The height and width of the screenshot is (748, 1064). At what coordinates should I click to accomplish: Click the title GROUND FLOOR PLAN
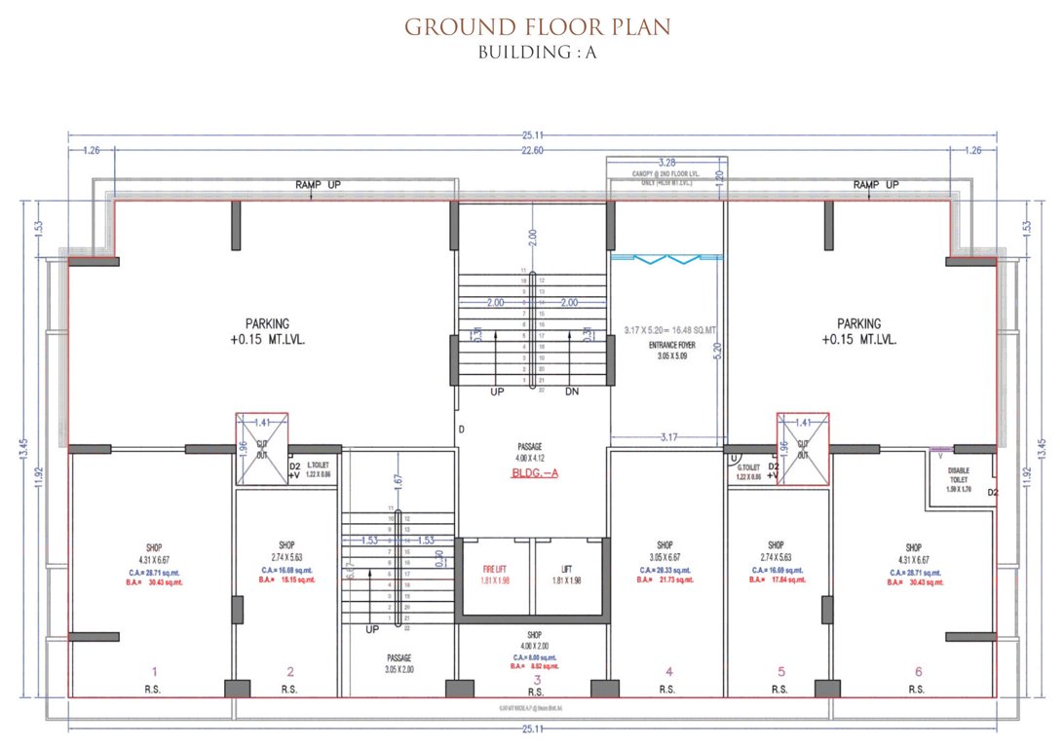pos(537,26)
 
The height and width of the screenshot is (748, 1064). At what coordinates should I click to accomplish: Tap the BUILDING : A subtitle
pos(537,53)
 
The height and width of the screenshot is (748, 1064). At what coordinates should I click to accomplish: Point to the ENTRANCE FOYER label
pos(666,346)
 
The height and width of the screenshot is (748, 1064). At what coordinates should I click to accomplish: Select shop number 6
pos(916,671)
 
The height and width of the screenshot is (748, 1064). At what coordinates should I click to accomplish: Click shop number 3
pos(536,679)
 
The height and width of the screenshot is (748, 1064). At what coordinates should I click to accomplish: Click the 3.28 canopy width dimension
pos(666,162)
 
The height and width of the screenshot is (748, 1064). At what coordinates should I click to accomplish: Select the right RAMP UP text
pos(876,185)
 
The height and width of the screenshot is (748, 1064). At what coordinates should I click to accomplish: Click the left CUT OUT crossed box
pos(262,449)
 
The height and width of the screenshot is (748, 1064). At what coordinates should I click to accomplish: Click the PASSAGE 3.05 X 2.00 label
pos(399,664)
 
